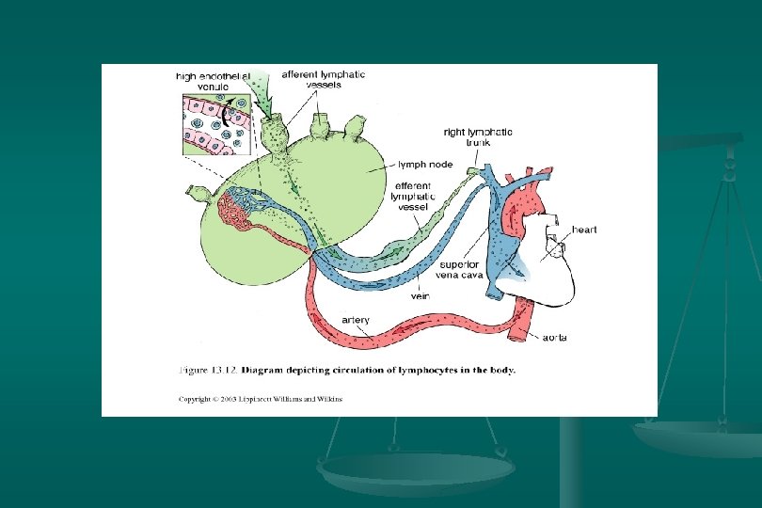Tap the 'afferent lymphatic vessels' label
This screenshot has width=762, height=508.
click(x=325, y=80)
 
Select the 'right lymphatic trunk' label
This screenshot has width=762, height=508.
click(x=479, y=138)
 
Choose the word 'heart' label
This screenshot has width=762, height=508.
click(x=583, y=229)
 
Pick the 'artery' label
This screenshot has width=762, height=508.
click(x=356, y=320)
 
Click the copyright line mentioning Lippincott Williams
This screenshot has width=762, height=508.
click(x=262, y=399)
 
